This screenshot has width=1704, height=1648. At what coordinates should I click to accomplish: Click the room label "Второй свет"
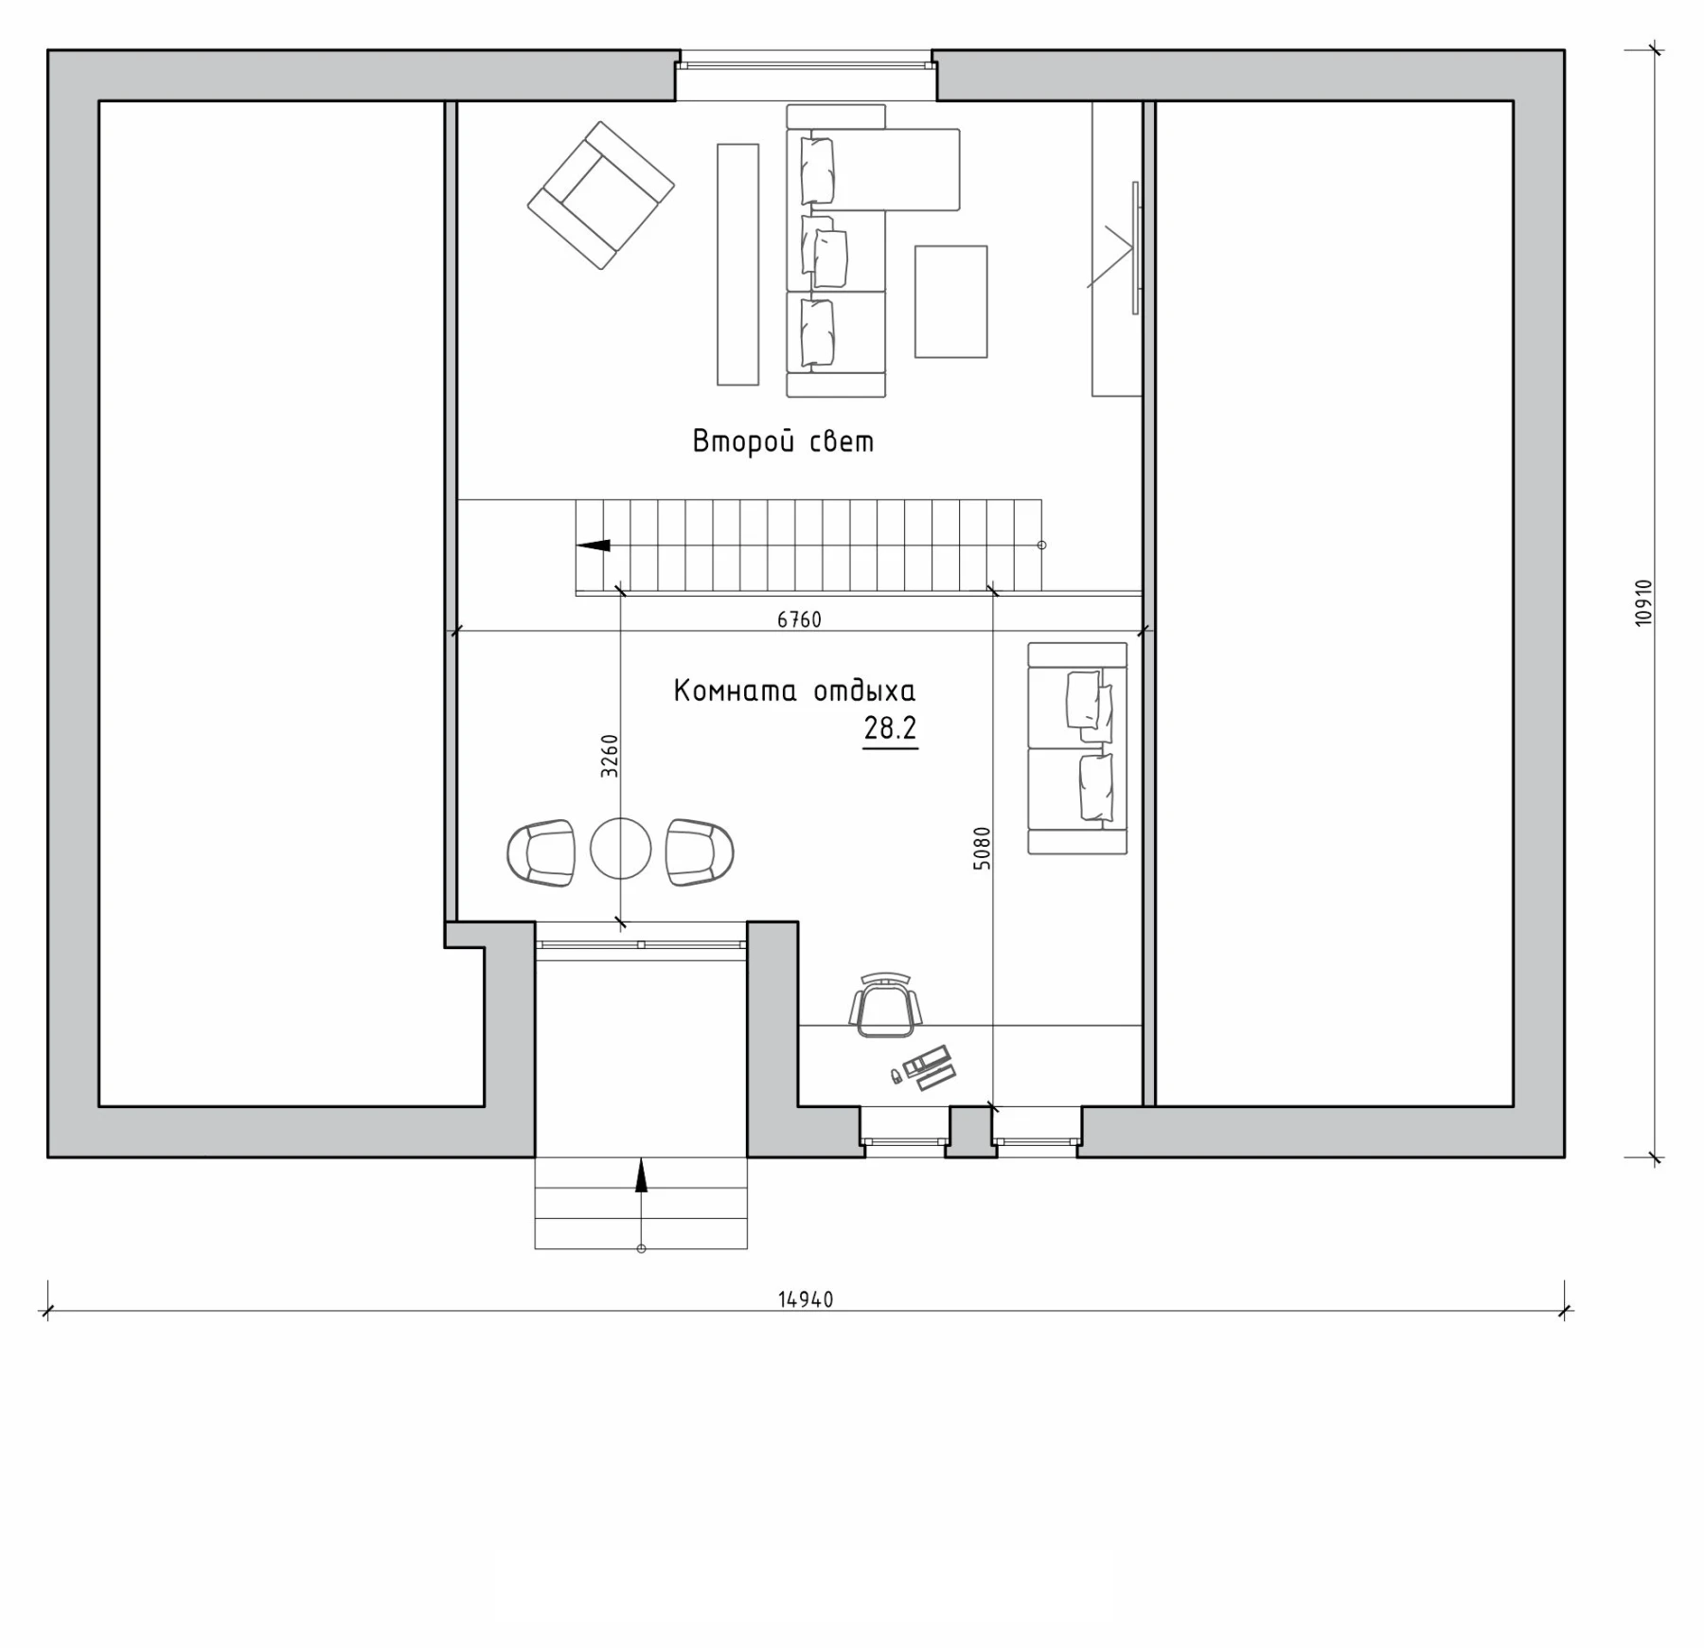(x=783, y=442)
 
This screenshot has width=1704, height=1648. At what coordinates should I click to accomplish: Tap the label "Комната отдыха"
(x=794, y=691)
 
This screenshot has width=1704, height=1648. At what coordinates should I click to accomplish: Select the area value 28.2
(x=890, y=728)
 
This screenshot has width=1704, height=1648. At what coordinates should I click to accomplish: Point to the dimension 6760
(x=799, y=619)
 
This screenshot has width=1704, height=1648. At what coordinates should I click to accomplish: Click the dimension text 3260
(x=610, y=756)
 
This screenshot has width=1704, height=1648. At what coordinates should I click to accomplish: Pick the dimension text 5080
(x=982, y=849)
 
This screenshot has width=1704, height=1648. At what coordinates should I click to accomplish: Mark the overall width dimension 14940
(x=806, y=1299)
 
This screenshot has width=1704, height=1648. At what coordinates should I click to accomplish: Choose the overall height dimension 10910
(x=1642, y=602)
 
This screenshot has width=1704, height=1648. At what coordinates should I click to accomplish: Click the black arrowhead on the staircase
(x=594, y=546)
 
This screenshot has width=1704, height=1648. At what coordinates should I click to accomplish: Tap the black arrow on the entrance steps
(x=641, y=1174)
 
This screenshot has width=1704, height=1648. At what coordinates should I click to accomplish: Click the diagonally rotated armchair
(x=601, y=195)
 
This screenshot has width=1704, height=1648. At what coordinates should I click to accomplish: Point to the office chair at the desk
(x=885, y=1005)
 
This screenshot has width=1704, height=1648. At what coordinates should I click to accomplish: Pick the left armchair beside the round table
(x=541, y=852)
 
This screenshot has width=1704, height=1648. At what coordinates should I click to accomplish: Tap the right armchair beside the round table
(x=700, y=852)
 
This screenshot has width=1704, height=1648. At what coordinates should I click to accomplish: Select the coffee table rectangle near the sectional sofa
(x=950, y=302)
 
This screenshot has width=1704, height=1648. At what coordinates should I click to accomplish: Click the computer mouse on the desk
(x=895, y=1075)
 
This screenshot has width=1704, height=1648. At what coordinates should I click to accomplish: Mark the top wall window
(x=806, y=65)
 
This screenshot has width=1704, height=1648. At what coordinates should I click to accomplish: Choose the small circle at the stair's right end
(x=1041, y=546)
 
